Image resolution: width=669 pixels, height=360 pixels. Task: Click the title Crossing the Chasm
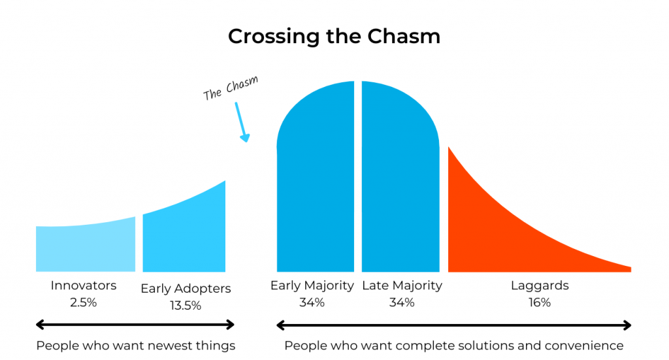coord(334,36)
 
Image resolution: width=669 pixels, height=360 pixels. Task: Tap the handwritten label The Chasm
coord(231,88)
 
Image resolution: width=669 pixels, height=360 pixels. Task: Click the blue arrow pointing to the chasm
coord(242,122)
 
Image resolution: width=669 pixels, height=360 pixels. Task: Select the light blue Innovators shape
coord(86,248)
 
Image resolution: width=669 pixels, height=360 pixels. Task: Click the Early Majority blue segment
coord(316,179)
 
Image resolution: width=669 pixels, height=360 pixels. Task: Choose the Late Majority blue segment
coord(400,179)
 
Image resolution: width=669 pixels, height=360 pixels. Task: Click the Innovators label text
coord(84,286)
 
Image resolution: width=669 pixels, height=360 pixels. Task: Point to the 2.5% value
coord(84,303)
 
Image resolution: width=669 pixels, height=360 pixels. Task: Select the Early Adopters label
coord(186,289)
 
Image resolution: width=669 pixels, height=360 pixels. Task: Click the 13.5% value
coord(186,305)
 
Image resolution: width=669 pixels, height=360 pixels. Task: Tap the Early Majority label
coord(312,286)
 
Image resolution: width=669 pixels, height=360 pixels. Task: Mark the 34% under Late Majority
coord(402,303)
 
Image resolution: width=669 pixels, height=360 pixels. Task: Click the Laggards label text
coord(540,286)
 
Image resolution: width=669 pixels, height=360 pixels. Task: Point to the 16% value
coord(540,303)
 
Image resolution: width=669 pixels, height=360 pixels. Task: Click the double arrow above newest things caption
coord(135,325)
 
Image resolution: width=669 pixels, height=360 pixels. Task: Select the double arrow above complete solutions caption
coord(454,325)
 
